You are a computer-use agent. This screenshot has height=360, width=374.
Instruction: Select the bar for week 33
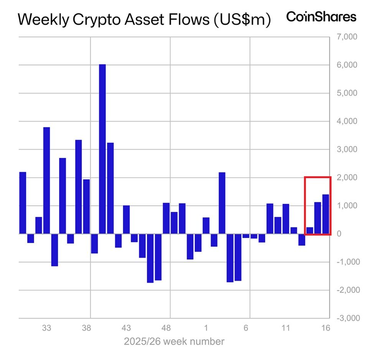click(x=46, y=180)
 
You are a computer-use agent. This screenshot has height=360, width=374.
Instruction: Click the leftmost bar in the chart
click(x=23, y=203)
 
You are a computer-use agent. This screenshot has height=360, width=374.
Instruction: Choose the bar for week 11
click(x=286, y=219)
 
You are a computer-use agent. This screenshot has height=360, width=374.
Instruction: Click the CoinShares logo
click(x=321, y=17)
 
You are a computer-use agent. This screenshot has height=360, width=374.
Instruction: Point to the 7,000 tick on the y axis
click(x=347, y=37)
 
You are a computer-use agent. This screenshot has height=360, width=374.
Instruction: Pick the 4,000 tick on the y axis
click(x=347, y=122)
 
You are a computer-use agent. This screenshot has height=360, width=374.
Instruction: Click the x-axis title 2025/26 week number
click(x=174, y=341)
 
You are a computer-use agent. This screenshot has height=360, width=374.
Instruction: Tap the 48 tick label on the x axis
click(x=166, y=328)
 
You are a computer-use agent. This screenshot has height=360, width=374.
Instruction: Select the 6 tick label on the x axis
click(x=246, y=328)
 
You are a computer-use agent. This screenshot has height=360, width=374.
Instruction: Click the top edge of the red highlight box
click(x=317, y=177)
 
